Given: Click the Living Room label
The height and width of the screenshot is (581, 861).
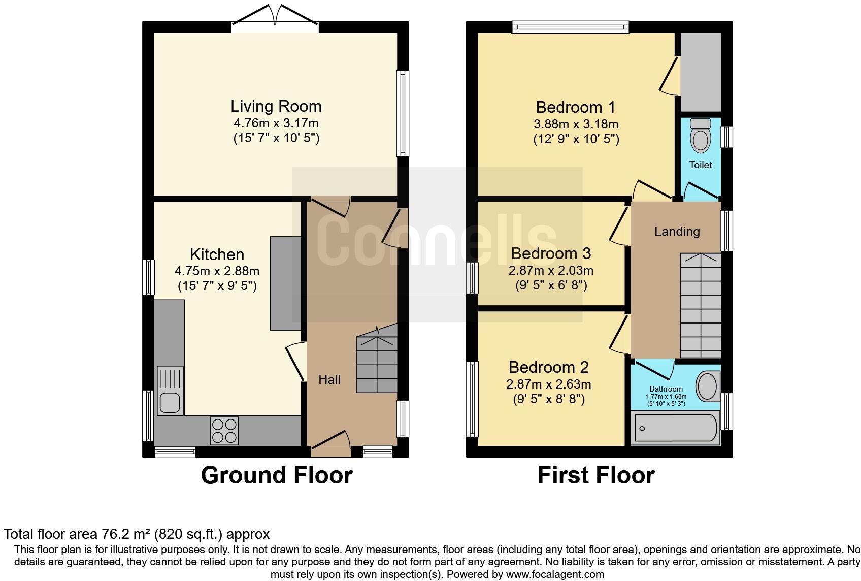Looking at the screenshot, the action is [276, 106].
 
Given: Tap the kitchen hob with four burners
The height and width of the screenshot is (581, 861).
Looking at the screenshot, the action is [224, 431].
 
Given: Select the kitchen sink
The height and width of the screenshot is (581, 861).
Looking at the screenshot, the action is [170, 391].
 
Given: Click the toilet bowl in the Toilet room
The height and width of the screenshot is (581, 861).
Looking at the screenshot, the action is [701, 136].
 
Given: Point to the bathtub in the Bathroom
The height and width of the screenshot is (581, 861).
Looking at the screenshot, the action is [675, 428].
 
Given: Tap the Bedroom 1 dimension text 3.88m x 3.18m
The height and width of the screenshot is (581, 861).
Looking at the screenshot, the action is [576, 124].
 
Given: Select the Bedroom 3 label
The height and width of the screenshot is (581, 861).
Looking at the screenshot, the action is [551, 253].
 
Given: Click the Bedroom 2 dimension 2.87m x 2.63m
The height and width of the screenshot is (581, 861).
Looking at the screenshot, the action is [548, 384].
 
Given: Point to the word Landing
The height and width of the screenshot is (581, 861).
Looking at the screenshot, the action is [677, 232].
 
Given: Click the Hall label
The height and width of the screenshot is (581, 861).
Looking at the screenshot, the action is [329, 379].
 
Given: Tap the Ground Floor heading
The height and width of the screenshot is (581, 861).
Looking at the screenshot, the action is [277, 475].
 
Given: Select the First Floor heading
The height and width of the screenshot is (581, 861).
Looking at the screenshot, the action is [596, 475].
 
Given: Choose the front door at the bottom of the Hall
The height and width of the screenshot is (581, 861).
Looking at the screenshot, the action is [331, 443].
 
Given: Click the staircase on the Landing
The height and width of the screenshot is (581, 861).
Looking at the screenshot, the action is [701, 306].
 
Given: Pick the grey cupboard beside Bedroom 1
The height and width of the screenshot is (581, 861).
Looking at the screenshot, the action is [701, 72].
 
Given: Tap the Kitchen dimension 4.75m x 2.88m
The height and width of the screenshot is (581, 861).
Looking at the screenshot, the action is [217, 271].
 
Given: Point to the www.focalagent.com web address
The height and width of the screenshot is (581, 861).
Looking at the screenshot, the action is [555, 574].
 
